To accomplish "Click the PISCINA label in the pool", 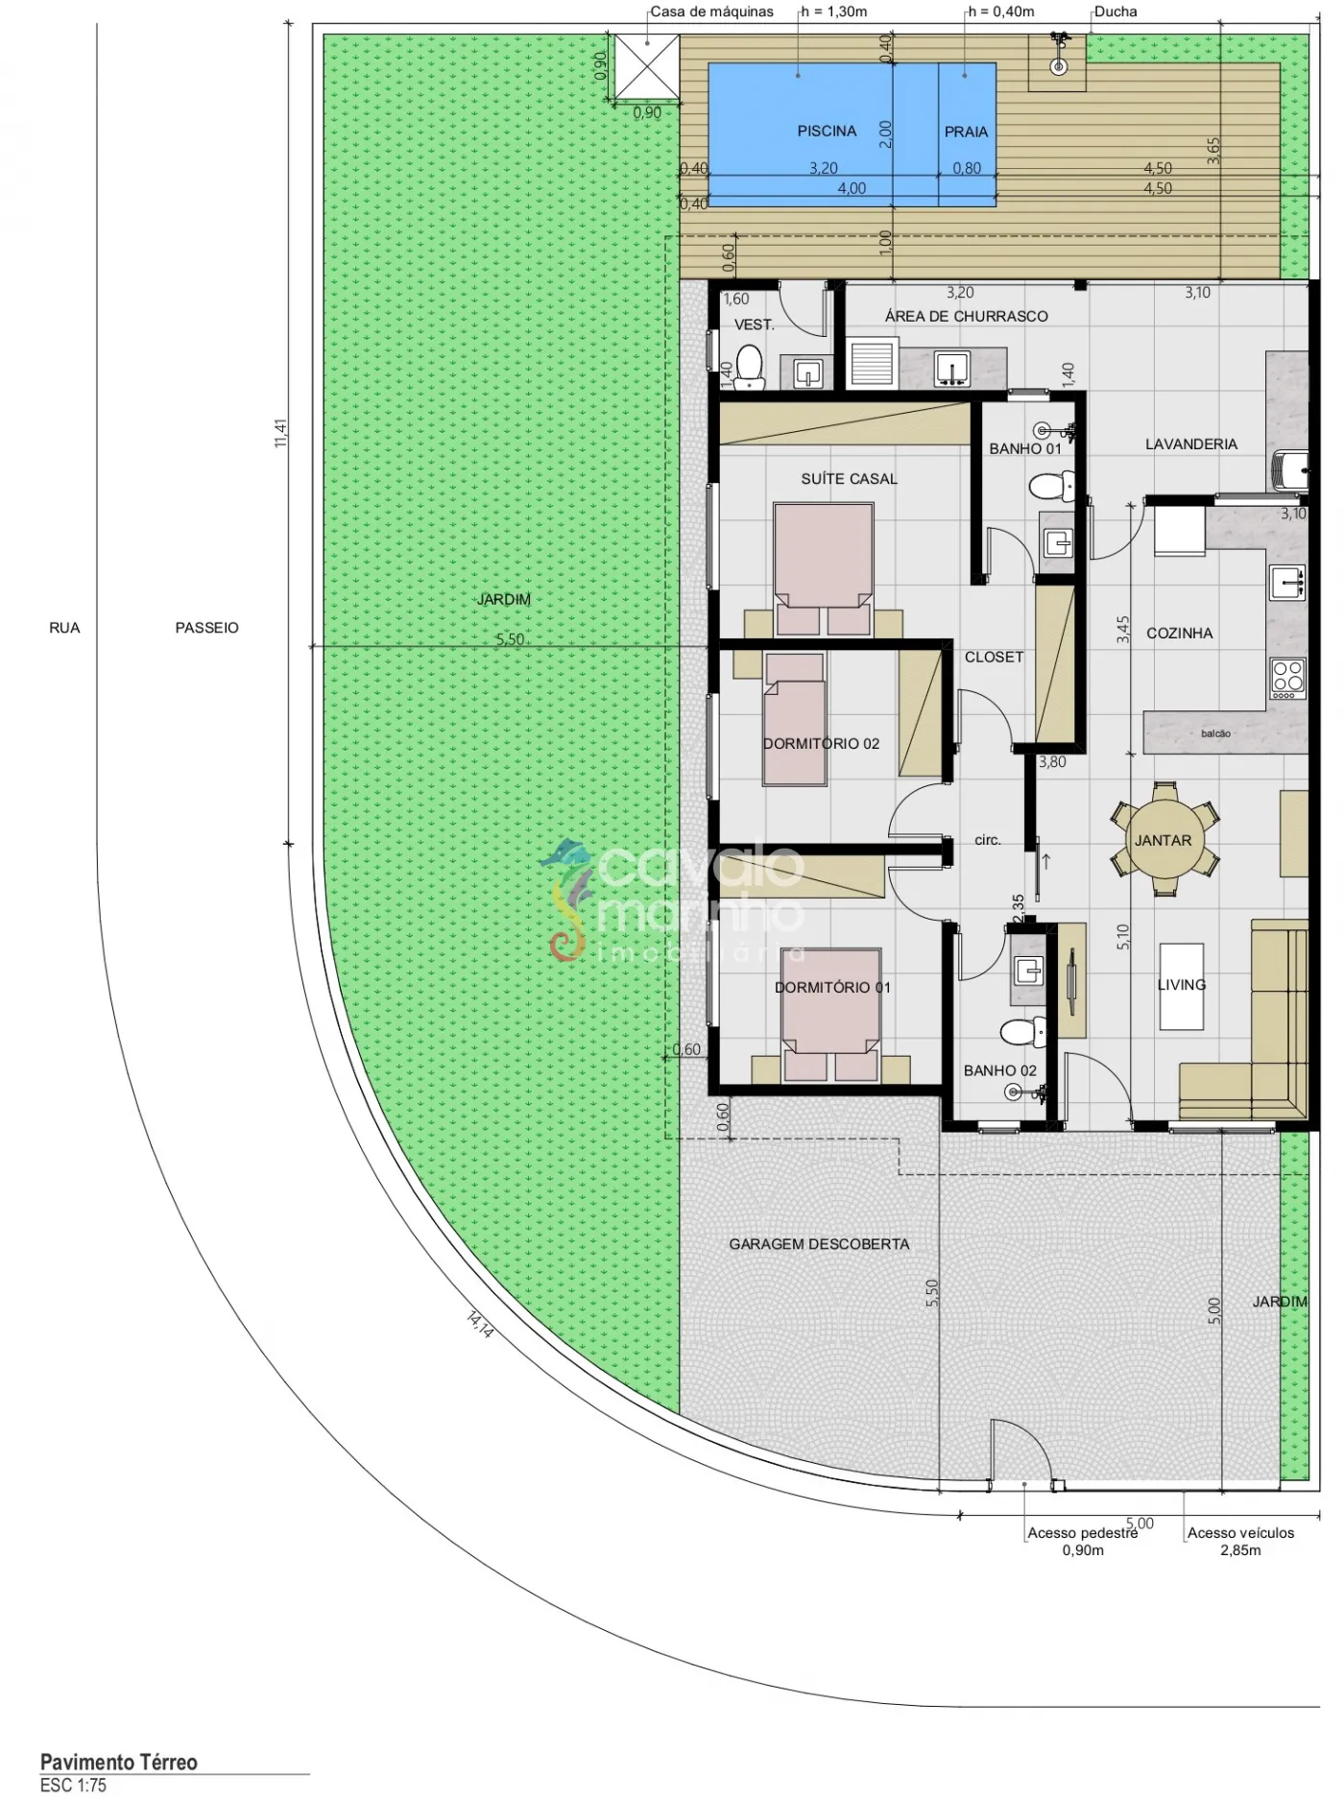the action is point(827,131).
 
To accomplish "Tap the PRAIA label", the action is point(966,132).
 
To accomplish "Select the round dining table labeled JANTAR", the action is point(1164,840).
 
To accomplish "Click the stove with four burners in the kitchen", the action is point(1287,678).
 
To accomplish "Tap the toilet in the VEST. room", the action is point(749,369).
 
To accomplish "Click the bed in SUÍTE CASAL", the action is point(824,569).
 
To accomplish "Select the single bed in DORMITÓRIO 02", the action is point(794,719).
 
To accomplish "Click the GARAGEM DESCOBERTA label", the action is point(819,1244).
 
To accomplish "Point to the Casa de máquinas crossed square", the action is point(646,66).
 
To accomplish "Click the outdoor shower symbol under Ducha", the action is point(1058,57).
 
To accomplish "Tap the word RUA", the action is point(64,628).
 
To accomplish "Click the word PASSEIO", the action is point(206,628).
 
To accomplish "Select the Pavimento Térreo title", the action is point(119,1762).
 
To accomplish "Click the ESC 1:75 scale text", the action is point(74,1786).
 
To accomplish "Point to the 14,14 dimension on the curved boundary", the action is point(480,1324).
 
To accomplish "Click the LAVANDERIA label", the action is point(1191,444).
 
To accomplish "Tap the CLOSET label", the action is point(994,658).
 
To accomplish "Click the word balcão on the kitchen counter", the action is point(1215,733).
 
